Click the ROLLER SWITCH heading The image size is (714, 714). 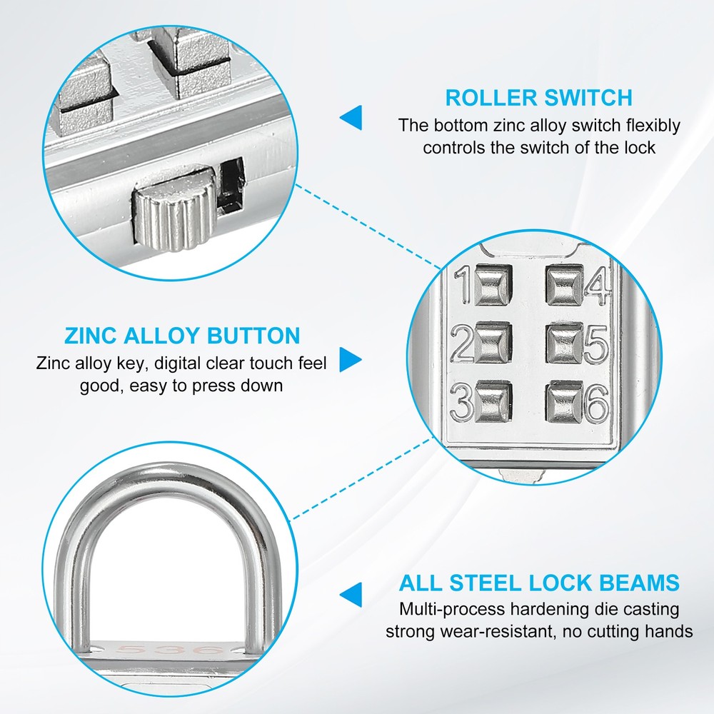pyautogui.click(x=538, y=97)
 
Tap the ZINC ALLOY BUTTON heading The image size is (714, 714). pyautogui.click(x=182, y=336)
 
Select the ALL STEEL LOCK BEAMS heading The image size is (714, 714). pyautogui.click(x=539, y=583)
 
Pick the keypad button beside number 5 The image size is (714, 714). pyautogui.click(x=565, y=343)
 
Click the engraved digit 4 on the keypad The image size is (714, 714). pyautogui.click(x=597, y=285)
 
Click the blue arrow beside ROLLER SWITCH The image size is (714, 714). pyautogui.click(x=351, y=117)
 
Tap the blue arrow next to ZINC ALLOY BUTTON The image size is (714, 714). pyautogui.click(x=350, y=359)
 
